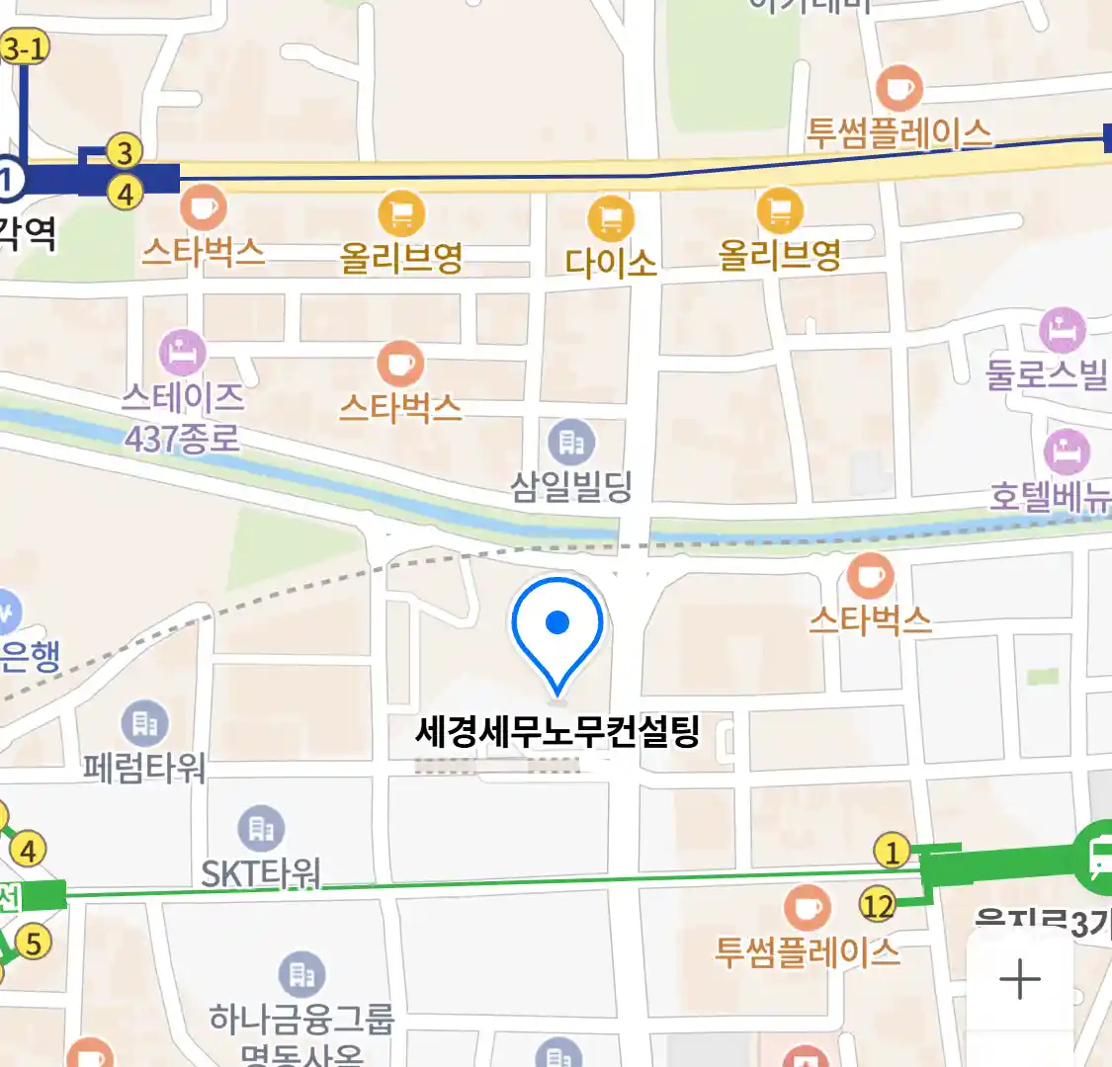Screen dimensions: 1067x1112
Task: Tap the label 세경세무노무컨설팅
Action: coord(557,732)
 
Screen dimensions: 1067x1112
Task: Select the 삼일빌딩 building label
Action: coord(571,486)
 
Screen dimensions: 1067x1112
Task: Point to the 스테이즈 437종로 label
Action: coord(183,416)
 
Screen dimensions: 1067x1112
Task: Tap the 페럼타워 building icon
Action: coord(145,724)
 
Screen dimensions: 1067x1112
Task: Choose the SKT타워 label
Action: coord(261,873)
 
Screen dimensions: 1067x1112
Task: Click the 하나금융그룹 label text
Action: coord(301,1019)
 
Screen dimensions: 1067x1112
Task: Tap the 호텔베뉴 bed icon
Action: coord(1067,452)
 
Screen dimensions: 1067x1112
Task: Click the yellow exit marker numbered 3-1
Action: coord(25,47)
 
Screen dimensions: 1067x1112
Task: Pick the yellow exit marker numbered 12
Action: coord(877,905)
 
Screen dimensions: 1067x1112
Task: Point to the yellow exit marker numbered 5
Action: coord(34,943)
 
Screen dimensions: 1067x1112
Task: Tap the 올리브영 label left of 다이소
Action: coord(401,258)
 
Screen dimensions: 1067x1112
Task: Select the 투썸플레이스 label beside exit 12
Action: coord(808,951)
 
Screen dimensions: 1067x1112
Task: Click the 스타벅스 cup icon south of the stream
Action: coord(870,575)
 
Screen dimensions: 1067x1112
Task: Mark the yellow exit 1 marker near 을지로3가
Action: coord(893,851)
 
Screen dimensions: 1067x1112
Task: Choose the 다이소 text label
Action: coord(611,262)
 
